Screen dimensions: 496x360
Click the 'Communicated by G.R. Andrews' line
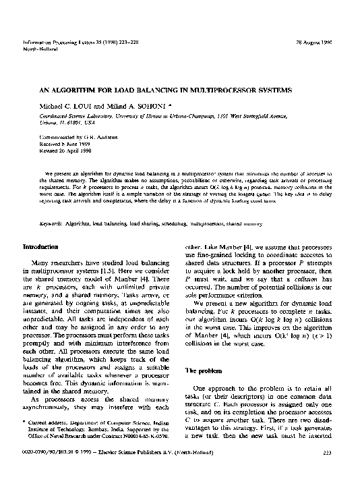pyautogui.click(x=63, y=136)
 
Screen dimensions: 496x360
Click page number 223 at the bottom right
pyautogui.click(x=327, y=472)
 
